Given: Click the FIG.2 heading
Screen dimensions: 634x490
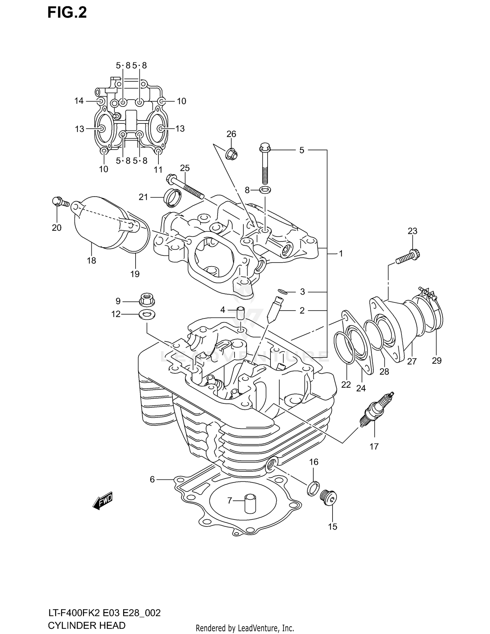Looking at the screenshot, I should click(67, 13).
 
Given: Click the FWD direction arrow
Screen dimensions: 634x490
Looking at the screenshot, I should click(103, 500).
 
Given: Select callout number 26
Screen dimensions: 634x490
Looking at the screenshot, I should click(231, 134).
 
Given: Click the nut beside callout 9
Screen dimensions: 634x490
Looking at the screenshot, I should click(147, 300).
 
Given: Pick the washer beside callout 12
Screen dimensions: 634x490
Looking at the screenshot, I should click(147, 315).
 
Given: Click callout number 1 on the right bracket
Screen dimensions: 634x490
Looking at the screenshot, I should click(341, 253).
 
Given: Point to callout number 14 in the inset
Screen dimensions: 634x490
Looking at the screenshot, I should click(79, 101).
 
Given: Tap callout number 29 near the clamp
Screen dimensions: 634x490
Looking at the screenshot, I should click(437, 361).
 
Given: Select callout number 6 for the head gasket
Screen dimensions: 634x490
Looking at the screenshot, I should click(152, 480).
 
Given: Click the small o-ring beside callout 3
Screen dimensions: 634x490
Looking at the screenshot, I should click(283, 291).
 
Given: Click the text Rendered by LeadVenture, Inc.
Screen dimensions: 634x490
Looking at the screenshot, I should click(245, 628).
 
